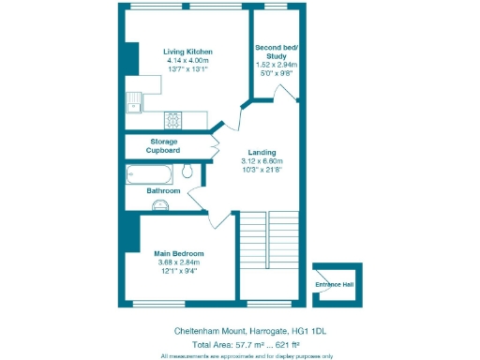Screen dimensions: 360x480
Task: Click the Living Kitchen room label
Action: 188,51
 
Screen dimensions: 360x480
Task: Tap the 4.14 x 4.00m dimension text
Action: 188,60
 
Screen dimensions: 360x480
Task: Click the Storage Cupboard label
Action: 162,145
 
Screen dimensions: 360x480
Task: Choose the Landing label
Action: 262,152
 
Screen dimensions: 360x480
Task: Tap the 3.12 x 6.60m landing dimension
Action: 262,161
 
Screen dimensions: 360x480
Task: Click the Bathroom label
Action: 163,190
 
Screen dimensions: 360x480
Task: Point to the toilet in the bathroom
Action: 187,171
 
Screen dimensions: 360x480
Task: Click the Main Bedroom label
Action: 179,253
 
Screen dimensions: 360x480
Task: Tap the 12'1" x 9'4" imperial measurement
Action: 179,271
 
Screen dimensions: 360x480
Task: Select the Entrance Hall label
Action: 336,283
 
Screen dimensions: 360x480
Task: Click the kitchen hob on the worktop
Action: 173,119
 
